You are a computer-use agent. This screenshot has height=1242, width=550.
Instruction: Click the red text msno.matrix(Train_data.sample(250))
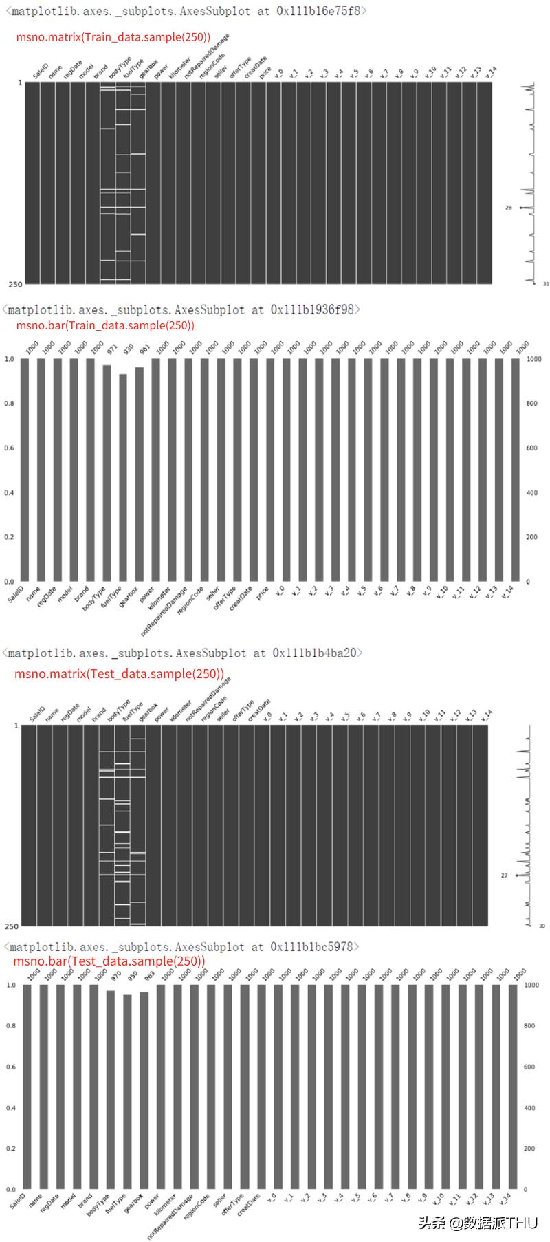(113, 37)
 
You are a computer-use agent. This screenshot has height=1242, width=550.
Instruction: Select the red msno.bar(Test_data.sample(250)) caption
(109, 961)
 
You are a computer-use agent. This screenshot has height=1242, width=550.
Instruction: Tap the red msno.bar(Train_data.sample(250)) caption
(105, 325)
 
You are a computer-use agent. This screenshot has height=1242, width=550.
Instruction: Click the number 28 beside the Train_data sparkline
(508, 208)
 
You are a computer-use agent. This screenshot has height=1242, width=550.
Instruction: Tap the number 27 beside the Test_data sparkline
(504, 875)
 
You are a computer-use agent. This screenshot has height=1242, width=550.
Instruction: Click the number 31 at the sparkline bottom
(545, 284)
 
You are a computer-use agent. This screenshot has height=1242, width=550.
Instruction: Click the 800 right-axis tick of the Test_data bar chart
(529, 1026)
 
